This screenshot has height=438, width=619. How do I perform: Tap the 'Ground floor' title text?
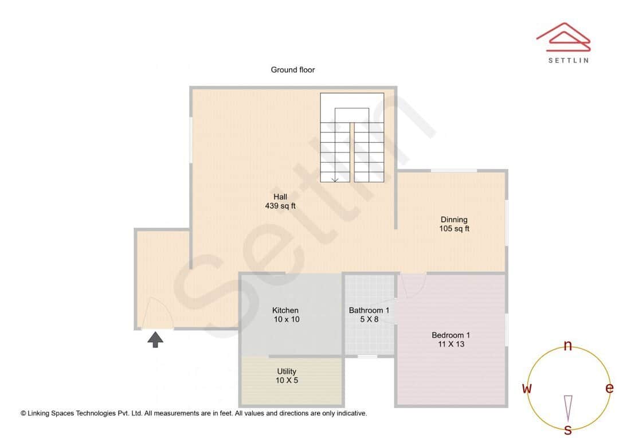[293, 70]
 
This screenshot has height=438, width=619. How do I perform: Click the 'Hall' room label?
[280, 197]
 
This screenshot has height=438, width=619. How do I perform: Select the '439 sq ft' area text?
[280, 206]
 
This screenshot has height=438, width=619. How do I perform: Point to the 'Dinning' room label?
[454, 220]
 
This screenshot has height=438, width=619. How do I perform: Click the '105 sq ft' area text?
[454, 229]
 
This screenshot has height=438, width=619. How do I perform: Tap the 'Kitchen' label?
[285, 310]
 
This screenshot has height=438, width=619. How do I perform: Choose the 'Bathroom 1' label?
[369, 310]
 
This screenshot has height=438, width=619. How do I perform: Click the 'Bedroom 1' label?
[451, 335]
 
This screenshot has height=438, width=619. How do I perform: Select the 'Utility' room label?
[287, 371]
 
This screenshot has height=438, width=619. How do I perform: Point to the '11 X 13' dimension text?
[451, 344]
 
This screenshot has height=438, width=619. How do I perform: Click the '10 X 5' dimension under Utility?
[287, 381]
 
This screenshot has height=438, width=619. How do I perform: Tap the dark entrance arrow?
[155, 340]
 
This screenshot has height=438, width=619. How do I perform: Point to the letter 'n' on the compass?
[568, 346]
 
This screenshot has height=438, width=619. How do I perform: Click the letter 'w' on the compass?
[527, 389]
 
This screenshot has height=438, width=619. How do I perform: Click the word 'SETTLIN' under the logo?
[568, 60]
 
